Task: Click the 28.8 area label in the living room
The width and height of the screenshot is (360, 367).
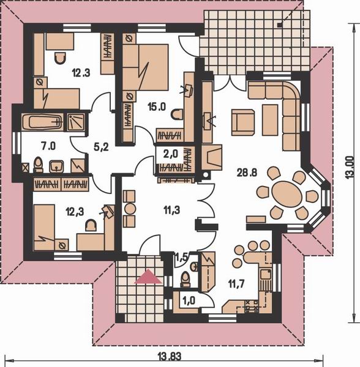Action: [x=247, y=172]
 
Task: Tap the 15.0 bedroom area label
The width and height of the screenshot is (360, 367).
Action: [x=157, y=107]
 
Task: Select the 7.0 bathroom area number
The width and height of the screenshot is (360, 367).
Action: [x=48, y=146]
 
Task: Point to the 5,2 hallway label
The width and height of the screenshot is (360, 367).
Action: [x=101, y=147]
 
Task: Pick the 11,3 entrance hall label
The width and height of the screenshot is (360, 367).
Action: [x=171, y=210]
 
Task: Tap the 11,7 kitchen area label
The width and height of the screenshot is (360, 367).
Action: [x=236, y=284]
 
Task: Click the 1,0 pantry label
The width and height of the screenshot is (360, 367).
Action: [x=189, y=300]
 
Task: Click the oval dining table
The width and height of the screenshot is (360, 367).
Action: [x=287, y=193]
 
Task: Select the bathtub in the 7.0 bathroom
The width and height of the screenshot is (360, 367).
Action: [x=43, y=122]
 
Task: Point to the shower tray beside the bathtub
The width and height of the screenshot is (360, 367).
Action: [x=76, y=122]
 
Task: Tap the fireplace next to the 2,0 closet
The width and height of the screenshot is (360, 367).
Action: [x=211, y=158]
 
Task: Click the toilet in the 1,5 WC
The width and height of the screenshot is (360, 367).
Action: [x=186, y=280]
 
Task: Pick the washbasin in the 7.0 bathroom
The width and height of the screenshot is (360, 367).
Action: [x=56, y=166]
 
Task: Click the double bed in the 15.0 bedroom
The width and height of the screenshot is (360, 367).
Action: [x=145, y=67]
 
